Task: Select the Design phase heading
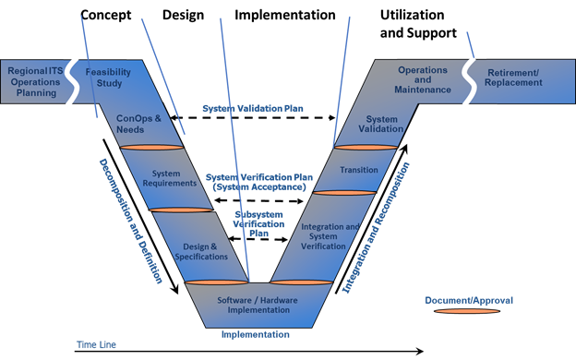coord(183,16)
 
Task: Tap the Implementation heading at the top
coord(284,16)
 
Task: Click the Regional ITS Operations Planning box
coord(35,79)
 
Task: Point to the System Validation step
coord(382,124)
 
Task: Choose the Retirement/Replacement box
coord(523,79)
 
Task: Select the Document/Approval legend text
coord(468,300)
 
